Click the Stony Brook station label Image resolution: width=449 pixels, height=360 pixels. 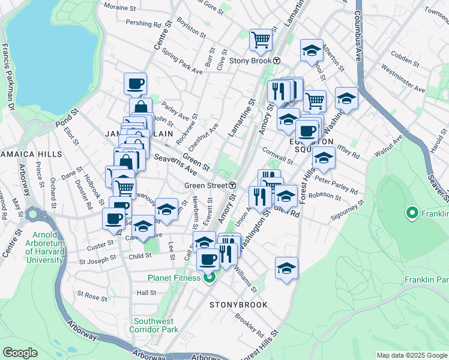(251, 61)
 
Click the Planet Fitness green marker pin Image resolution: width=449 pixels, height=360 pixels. (209, 277)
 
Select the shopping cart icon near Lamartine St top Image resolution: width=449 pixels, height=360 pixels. (261, 40)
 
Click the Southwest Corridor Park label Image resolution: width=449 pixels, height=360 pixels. (156, 325)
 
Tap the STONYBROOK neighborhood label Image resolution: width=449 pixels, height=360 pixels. (238, 305)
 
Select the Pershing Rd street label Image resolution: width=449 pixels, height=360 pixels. (143, 24)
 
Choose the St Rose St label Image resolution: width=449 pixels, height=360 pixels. (92, 296)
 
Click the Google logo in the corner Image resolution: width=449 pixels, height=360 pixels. (20, 353)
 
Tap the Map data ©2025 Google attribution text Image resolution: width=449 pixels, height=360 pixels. (411, 355)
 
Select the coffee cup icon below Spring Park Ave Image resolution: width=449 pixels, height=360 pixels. (135, 83)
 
